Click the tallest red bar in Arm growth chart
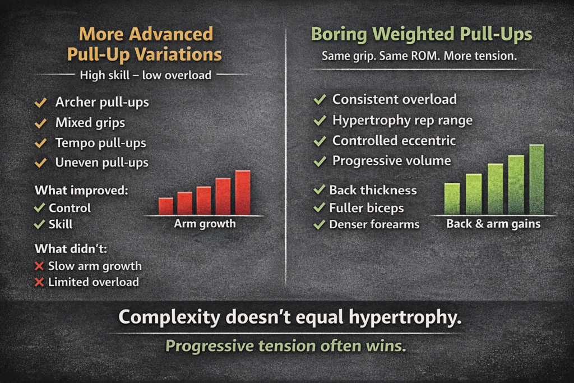[x=243, y=193]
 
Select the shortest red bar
[x=166, y=206]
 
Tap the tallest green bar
[x=536, y=179]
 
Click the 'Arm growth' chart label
[x=205, y=224]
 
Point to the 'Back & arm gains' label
[x=493, y=224]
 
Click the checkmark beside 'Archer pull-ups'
[x=40, y=103]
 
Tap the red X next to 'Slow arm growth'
[x=39, y=266]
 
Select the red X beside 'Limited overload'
[x=39, y=282]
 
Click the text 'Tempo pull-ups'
[x=100, y=143]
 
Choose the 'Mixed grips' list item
[x=90, y=123]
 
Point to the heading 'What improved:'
[x=82, y=190]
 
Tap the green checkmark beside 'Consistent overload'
[x=320, y=100]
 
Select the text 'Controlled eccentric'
[x=394, y=141]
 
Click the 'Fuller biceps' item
[x=366, y=208]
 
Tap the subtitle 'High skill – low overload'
[x=145, y=75]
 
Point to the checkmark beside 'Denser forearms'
[x=320, y=224]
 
